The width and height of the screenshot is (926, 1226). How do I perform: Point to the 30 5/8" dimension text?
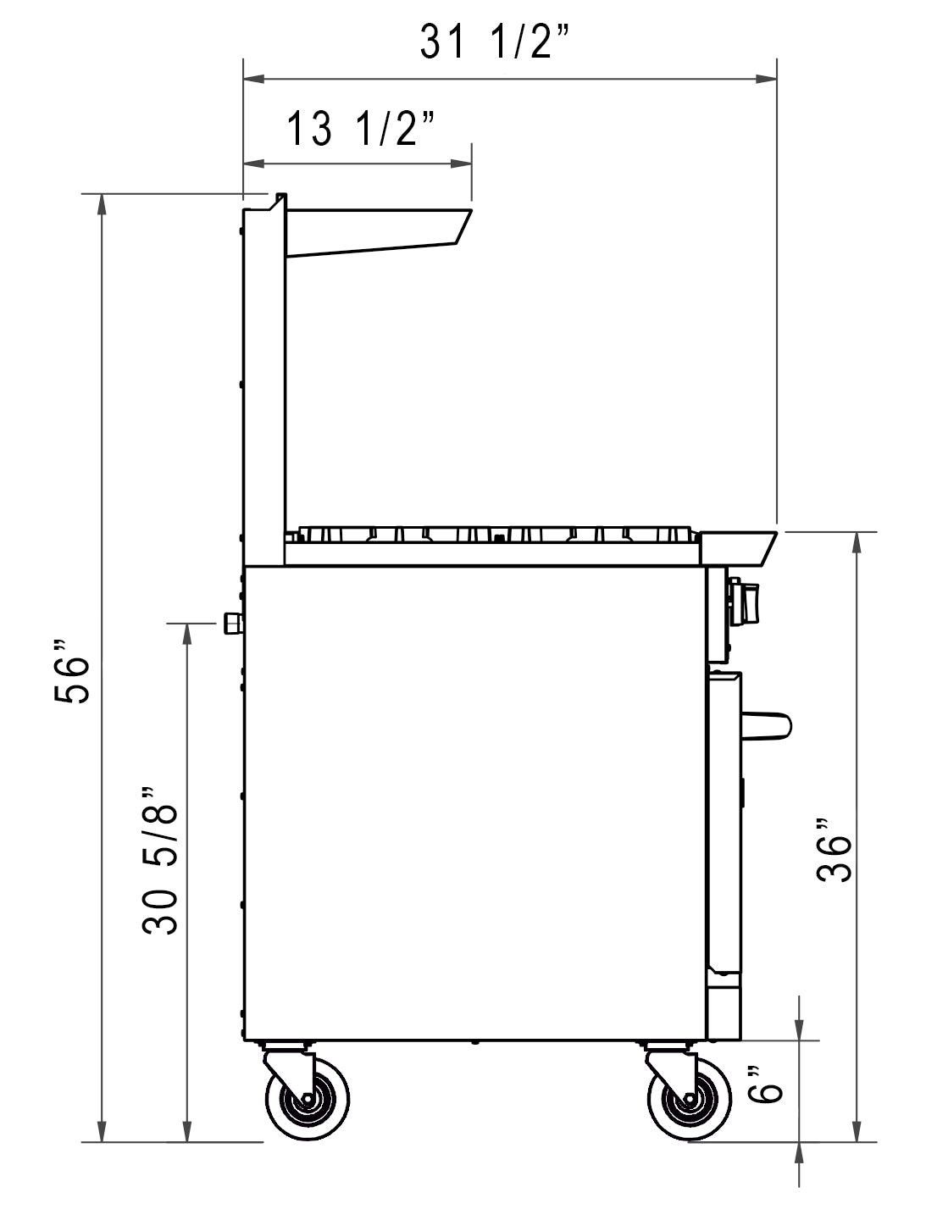(161, 860)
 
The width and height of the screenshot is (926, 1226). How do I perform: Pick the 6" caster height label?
(769, 1084)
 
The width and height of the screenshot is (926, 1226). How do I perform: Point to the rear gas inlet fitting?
(231, 624)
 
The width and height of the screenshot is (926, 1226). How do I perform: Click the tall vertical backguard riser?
(263, 381)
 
